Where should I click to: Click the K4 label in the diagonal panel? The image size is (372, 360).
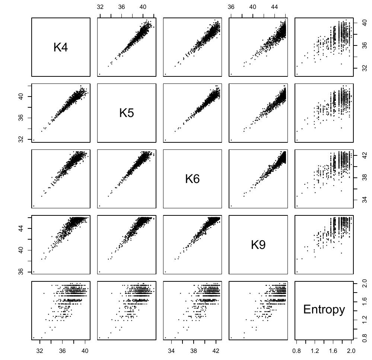coord(61,47)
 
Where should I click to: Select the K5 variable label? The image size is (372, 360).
coord(126,113)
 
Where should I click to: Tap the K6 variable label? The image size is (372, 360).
coord(192,179)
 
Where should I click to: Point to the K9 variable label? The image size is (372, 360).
coord(258,245)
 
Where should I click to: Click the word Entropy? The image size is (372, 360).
coord(324,310)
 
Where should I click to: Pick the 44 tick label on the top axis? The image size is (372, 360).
coord(274,7)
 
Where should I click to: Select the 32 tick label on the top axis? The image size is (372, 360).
coord(100,7)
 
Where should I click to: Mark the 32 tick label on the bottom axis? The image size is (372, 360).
coord(40,351)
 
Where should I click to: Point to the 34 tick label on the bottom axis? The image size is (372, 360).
coord(171,351)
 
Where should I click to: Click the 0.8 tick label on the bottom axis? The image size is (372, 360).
coord(296,351)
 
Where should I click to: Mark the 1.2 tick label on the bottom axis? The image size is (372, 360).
coord(315,351)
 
